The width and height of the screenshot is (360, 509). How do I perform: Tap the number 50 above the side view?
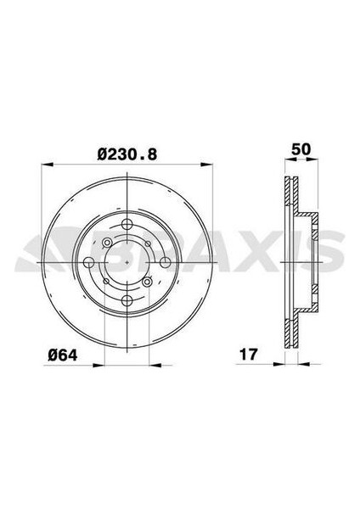coord(299,149)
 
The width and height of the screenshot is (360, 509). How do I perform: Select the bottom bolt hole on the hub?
coord(125,299)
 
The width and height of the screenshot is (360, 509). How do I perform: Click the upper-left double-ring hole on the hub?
coord(106,243)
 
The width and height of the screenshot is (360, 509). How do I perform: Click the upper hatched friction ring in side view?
coord(290,195)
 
